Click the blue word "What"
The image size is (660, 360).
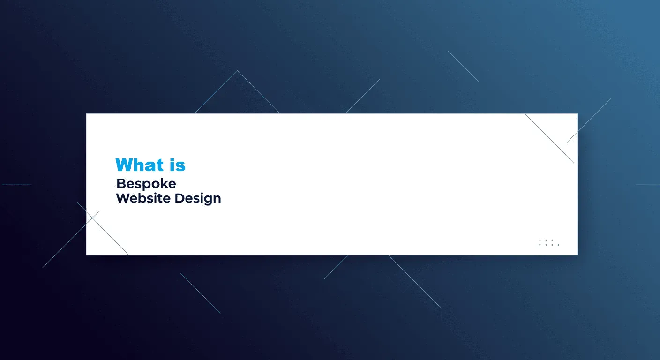139,165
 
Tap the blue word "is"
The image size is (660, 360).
178,165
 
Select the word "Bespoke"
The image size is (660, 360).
146,184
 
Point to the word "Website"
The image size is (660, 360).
143,198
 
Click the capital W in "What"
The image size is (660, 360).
124,165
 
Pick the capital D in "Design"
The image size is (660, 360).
180,198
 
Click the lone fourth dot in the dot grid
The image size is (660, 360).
558,245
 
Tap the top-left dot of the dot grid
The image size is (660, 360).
540,240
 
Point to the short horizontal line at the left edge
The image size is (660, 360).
16,184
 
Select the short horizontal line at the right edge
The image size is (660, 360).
648,184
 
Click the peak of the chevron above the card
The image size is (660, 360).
237,71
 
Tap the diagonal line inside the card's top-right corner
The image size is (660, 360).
549,138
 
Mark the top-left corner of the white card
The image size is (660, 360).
86,114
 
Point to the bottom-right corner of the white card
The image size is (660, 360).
578,255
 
